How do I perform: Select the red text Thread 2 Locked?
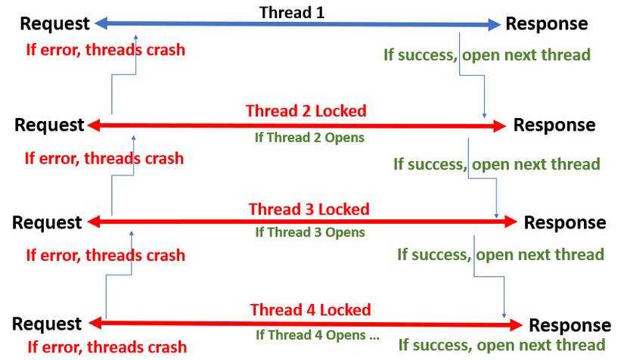click(x=306, y=110)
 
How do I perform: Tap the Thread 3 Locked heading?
click(x=309, y=209)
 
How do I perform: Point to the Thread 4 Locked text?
click(x=310, y=309)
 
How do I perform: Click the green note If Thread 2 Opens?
click(x=309, y=138)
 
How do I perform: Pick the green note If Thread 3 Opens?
click(x=310, y=232)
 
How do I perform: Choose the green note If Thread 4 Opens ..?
click(x=317, y=334)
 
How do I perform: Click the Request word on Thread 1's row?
click(x=54, y=23)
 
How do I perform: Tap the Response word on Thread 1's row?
click(x=546, y=23)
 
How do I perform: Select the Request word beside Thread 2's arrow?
click(x=49, y=125)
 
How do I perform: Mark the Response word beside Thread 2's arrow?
click(x=554, y=125)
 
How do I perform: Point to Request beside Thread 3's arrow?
click(x=47, y=222)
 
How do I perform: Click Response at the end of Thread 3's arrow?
click(x=565, y=222)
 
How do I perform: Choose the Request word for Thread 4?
click(x=47, y=324)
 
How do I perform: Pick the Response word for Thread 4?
click(x=570, y=325)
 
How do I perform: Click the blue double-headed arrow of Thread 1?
click(x=227, y=24)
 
